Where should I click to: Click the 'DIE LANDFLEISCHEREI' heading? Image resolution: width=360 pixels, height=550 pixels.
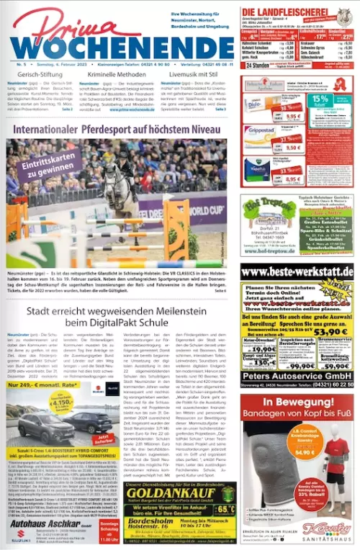click(x=288, y=12)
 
